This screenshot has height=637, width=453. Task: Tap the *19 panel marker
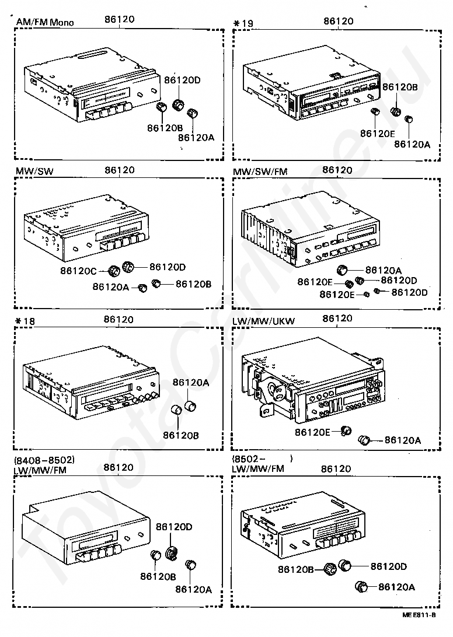243,23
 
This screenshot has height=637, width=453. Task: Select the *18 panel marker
25,320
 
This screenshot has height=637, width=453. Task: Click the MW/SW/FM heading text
260,171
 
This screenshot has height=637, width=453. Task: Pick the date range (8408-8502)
44,459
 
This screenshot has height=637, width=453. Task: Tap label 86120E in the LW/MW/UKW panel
312,432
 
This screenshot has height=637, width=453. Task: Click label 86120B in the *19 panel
399,87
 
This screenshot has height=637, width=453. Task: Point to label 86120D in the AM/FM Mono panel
182,80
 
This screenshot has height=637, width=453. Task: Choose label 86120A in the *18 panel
190,383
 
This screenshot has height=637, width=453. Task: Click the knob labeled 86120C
114,270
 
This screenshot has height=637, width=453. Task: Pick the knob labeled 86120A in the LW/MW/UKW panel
365,439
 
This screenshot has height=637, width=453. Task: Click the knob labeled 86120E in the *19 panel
375,111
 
